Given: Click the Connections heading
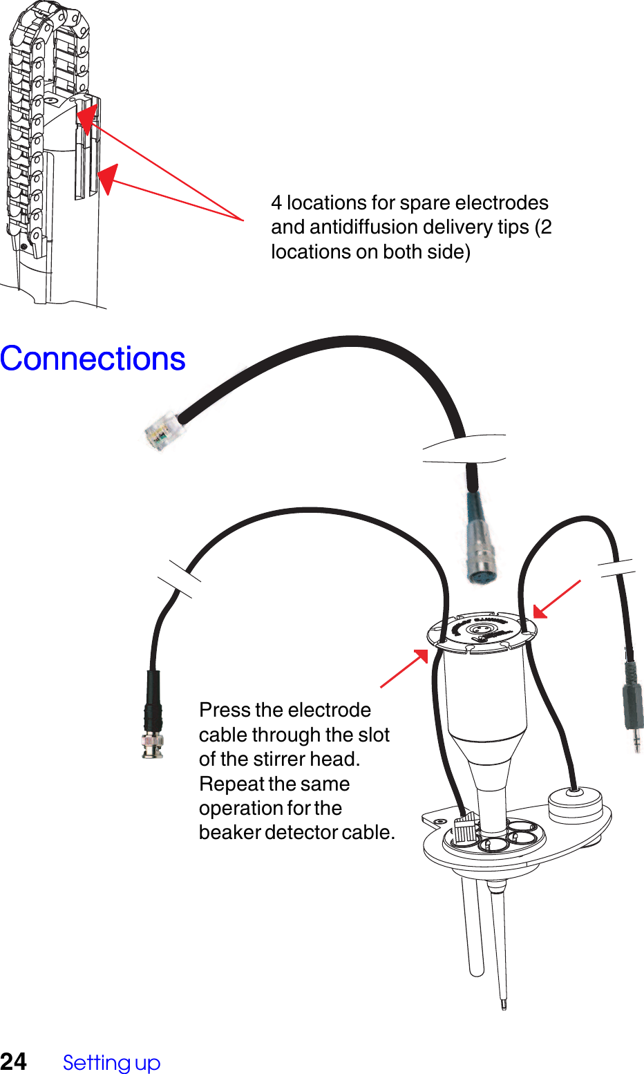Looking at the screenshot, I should [x=93, y=359].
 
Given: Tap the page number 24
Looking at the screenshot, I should [x=14, y=1062].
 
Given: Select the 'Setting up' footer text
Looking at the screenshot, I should [x=111, y=1062].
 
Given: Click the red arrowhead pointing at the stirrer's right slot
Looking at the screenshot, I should [x=541, y=612].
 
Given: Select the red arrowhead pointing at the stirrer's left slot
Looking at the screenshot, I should [x=421, y=656].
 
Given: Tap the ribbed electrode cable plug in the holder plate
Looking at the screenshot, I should [x=466, y=827].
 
